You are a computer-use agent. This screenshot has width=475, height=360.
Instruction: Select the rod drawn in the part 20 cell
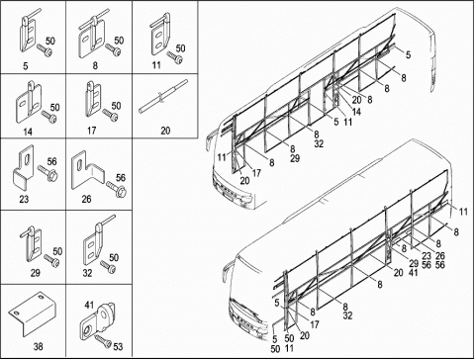point(163,96)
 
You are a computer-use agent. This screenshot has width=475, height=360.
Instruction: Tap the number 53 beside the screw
point(118,346)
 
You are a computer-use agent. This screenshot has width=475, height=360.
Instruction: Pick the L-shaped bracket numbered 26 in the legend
point(87,170)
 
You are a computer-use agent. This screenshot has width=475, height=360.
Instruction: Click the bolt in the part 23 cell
point(47,173)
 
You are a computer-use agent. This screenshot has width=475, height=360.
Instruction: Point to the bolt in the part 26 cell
point(117,189)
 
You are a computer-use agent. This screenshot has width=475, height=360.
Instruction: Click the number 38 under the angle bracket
point(38,346)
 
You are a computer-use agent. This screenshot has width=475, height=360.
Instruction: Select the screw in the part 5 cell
point(45,50)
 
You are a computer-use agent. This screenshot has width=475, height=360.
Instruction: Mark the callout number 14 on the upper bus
point(356,112)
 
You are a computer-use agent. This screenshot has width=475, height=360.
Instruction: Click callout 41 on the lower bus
point(413,273)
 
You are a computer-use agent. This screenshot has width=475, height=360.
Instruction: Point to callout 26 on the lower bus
point(440,256)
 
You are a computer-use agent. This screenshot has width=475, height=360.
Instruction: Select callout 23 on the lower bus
point(427,256)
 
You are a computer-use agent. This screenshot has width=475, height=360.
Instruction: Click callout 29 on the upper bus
point(295,158)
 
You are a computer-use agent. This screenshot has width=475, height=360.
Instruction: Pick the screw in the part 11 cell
point(175,57)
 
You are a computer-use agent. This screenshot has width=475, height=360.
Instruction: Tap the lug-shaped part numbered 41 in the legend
point(98,320)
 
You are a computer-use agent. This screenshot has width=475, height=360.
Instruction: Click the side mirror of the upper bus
point(210,140)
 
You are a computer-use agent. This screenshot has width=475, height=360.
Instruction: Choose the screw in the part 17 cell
point(110,115)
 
